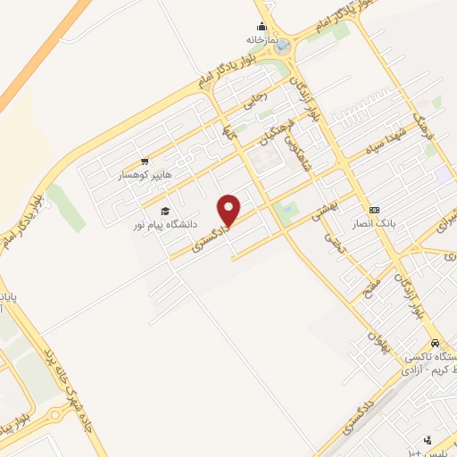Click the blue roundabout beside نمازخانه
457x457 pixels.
coord(282,45)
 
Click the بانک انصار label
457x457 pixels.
coord(373,221)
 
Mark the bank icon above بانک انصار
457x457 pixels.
coord(373,209)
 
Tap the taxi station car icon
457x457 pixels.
coord(434,343)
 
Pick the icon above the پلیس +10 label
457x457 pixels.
coord(428,439)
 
